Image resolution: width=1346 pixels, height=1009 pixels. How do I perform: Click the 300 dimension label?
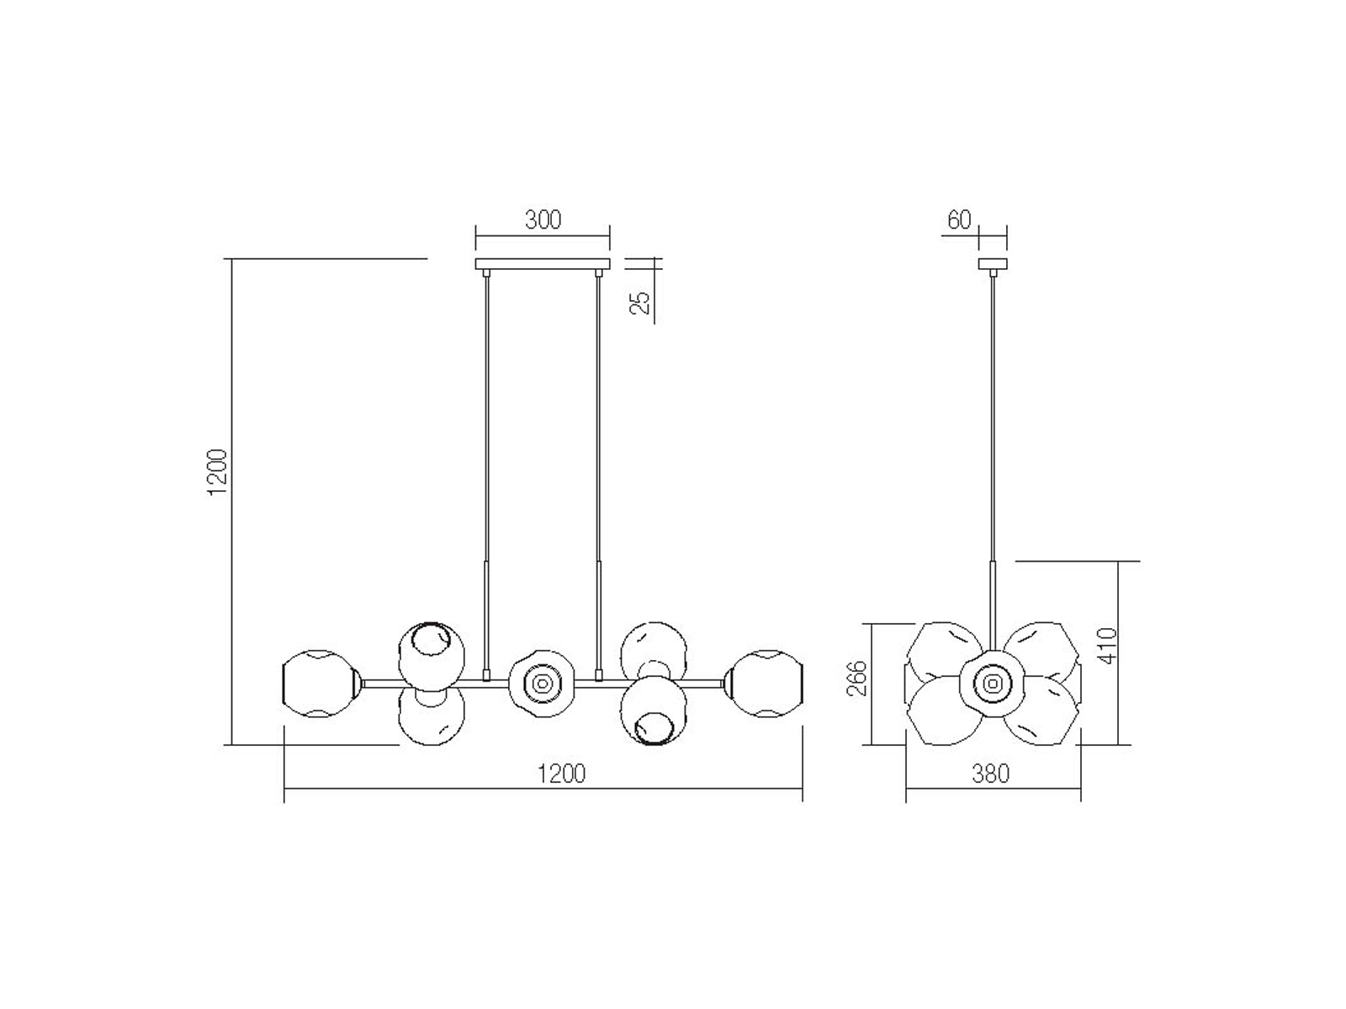tap(543, 219)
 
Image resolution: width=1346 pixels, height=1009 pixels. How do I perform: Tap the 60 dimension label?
tap(959, 219)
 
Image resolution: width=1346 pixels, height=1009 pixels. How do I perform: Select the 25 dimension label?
tap(639, 303)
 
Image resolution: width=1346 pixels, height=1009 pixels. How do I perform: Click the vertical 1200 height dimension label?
tap(218, 472)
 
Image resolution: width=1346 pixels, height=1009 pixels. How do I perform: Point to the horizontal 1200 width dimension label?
tap(561, 774)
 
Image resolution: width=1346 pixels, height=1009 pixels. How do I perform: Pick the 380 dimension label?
tap(990, 774)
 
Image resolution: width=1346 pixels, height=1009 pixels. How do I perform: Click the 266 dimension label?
tap(856, 679)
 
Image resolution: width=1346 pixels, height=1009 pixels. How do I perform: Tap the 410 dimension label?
tap(1109, 645)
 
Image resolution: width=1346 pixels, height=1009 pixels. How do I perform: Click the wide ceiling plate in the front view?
tap(543, 264)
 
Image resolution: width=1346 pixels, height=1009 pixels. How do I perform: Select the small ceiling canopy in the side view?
tap(992, 264)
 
